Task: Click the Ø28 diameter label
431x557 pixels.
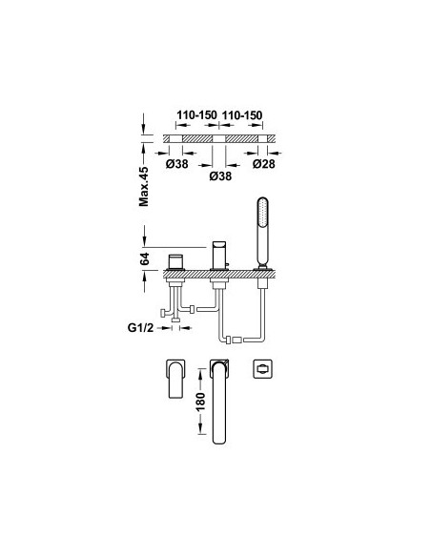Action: [264, 164]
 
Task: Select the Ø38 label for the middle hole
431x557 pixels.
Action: [220, 175]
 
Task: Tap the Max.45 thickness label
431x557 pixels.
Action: [144, 186]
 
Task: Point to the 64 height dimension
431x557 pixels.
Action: [145, 258]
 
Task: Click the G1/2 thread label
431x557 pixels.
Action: [140, 327]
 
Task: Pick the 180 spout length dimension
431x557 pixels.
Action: [200, 402]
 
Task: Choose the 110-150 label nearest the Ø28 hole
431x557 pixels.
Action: [242, 115]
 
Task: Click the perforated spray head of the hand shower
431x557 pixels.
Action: [263, 212]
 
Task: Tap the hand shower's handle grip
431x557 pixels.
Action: [263, 246]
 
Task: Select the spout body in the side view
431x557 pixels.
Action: [218, 256]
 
